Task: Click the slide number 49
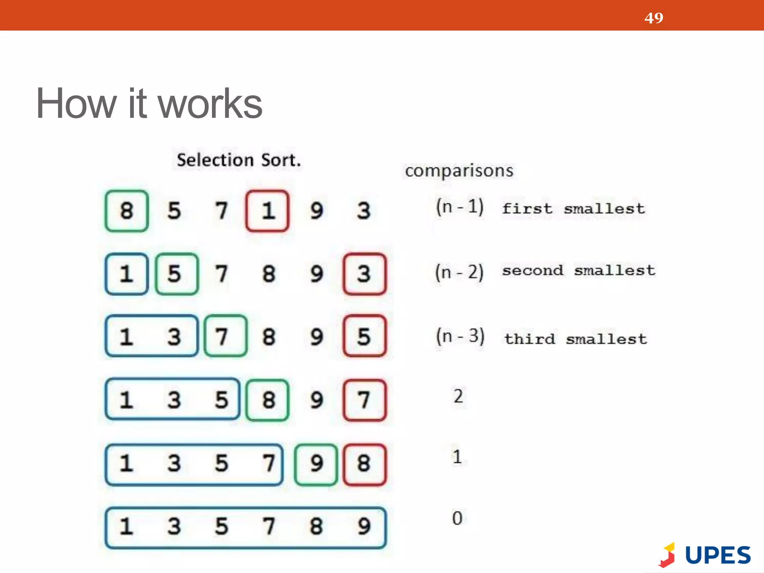[654, 18]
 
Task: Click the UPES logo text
[718, 555]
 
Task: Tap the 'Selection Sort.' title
[239, 160]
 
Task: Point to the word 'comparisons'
[459, 171]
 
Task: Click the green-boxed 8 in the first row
[127, 211]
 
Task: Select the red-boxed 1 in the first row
[267, 211]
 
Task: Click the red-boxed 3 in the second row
[364, 274]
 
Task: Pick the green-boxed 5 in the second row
[176, 274]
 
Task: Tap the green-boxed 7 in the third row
[225, 336]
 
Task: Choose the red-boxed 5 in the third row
[364, 336]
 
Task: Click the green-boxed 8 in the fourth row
[267, 400]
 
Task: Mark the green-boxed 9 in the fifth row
[316, 464]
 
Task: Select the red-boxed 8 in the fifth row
[364, 464]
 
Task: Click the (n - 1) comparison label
[460, 207]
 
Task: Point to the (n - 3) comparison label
[460, 336]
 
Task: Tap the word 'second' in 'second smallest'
[533, 270]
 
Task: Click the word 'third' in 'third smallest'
[530, 339]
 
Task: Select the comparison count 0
[457, 518]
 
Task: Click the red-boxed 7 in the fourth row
[364, 400]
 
